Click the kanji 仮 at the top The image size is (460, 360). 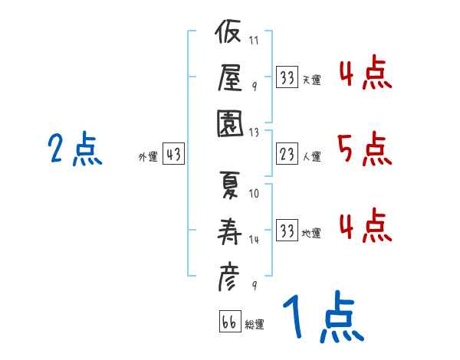pyautogui.click(x=228, y=31)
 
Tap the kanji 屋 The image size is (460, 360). pyautogui.click(x=230, y=77)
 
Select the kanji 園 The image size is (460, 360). pyautogui.click(x=230, y=123)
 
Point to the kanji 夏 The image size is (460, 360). pyautogui.click(x=230, y=185)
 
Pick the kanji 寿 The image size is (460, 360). pyautogui.click(x=229, y=231)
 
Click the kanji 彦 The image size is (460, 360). pyautogui.click(x=228, y=277)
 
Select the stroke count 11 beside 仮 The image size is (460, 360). pyautogui.click(x=254, y=40)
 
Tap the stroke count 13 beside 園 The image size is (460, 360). pyautogui.click(x=254, y=133)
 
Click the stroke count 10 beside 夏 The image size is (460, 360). pyautogui.click(x=254, y=194)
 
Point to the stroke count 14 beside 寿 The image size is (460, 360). pyautogui.click(x=254, y=240)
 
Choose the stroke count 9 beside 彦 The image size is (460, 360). pyautogui.click(x=255, y=285)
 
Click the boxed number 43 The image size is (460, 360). pyautogui.click(x=174, y=154)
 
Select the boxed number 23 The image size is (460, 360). pyautogui.click(x=287, y=154)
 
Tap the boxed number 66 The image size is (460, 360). pyautogui.click(x=230, y=321)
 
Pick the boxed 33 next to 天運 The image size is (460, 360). pyautogui.click(x=287, y=77)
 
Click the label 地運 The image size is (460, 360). pyautogui.click(x=311, y=234)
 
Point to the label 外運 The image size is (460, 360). pyautogui.click(x=148, y=157)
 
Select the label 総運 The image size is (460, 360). pyautogui.click(x=255, y=324)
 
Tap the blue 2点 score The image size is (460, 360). pyautogui.click(x=75, y=149)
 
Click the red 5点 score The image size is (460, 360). pyautogui.click(x=365, y=149)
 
